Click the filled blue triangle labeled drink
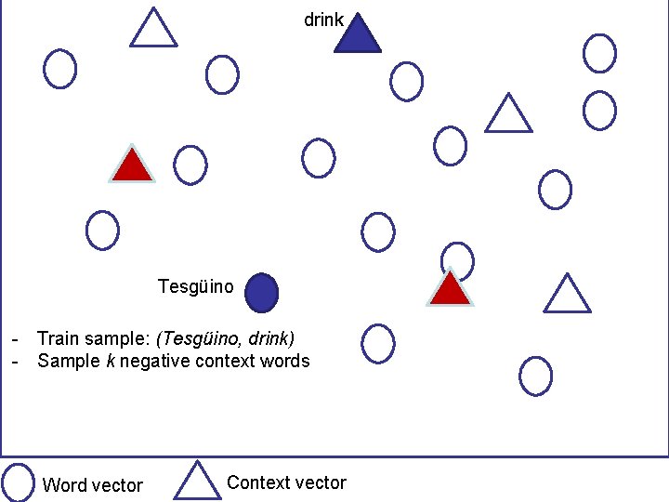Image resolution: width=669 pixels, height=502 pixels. pos(357,35)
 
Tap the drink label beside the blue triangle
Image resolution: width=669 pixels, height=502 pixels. pos(324,20)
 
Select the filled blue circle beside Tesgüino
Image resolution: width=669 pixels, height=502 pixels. pos(262,293)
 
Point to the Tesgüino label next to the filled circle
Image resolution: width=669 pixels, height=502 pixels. pos(196,285)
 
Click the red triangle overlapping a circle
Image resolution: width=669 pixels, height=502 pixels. pos(451,290)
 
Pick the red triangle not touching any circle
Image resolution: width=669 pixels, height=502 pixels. pos(132,166)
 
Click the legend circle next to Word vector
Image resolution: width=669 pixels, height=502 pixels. pos(19,482)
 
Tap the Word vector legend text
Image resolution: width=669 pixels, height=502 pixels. pos(93,485)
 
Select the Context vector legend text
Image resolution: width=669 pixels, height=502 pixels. pos(286,482)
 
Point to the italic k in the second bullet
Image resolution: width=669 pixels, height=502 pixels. pos(110,361)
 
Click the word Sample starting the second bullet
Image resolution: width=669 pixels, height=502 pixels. pos(67,361)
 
